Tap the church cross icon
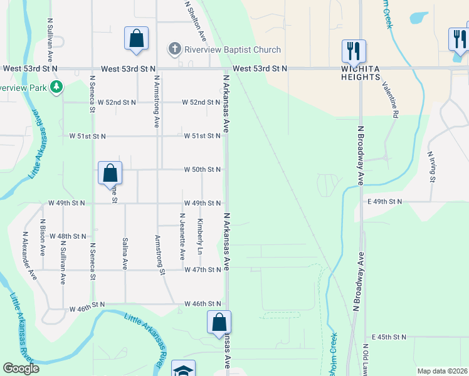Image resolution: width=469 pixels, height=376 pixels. tap(175, 49)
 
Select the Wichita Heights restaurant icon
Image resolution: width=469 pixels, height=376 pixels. tap(354, 50)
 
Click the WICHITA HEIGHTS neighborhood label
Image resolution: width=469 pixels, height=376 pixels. tap(361, 73)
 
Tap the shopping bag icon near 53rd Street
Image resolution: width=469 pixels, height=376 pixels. tap(136, 39)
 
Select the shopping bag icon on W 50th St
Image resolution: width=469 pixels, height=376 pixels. tap(110, 173)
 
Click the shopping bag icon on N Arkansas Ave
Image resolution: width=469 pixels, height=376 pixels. tap(219, 322)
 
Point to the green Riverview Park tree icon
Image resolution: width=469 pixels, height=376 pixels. tap(57, 86)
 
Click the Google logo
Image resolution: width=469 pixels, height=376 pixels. tap(21, 368)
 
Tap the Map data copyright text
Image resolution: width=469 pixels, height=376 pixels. tap(442, 371)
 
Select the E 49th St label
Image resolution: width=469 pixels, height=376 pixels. tap(384, 201)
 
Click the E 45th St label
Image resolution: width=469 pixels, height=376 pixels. tap(389, 337)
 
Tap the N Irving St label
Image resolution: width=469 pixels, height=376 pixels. tap(431, 166)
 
